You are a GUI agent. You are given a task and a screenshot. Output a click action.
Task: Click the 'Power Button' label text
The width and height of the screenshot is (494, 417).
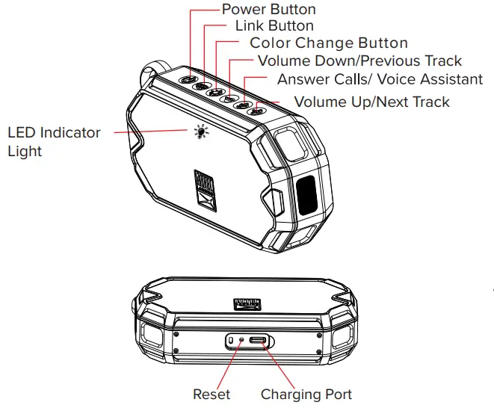268,10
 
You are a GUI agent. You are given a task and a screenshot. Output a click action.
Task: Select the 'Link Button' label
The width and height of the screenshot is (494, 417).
274,26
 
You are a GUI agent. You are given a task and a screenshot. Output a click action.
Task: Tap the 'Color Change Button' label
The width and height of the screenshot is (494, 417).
329,43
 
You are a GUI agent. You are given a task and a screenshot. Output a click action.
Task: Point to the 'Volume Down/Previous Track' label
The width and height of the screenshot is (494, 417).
359,61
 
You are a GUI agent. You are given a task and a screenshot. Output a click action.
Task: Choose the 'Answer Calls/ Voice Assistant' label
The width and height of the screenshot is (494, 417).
380,79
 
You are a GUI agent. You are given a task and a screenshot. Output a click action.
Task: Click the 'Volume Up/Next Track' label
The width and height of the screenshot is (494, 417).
372,101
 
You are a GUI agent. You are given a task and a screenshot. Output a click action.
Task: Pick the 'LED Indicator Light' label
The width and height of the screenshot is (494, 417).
53,141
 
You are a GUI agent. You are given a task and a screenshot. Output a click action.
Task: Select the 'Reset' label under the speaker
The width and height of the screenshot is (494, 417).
212,394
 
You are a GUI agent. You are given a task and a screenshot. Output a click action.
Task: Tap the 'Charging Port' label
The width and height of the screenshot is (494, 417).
306,394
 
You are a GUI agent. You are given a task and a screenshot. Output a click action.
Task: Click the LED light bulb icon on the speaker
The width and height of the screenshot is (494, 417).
200,132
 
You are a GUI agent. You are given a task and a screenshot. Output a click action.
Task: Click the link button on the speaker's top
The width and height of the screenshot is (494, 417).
201,86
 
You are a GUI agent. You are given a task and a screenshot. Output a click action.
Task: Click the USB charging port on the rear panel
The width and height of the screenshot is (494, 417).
258,341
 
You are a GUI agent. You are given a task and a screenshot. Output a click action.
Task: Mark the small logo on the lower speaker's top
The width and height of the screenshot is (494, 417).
247,304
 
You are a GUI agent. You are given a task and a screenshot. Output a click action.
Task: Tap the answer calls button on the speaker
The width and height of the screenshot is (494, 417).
241,105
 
